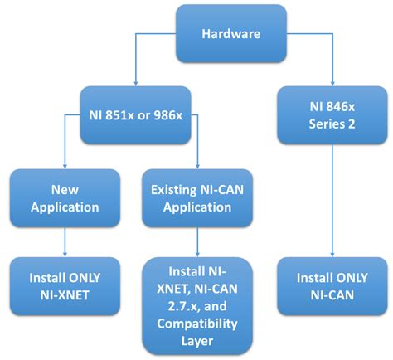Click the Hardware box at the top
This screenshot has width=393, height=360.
pyautogui.click(x=231, y=33)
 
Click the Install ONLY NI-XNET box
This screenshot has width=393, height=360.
pyautogui.click(x=64, y=285)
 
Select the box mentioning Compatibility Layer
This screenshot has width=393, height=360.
pyautogui.click(x=196, y=305)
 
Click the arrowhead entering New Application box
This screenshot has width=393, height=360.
pyautogui.click(x=64, y=167)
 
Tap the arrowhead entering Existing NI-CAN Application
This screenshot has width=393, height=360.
pyautogui.click(x=196, y=167)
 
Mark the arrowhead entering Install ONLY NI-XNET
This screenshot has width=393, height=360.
pyautogui.click(x=64, y=254)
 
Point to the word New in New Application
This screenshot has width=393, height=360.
pyautogui.click(x=64, y=188)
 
